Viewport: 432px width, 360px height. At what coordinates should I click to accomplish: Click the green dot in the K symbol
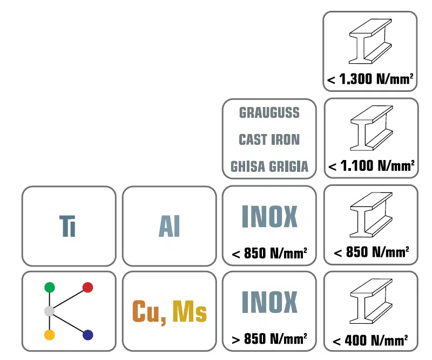pos(50,287)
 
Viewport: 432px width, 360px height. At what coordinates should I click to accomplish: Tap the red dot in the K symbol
pos(88,287)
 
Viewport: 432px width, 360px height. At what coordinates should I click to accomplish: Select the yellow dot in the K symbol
pos(50,335)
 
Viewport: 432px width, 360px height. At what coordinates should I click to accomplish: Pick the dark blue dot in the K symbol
pos(88,335)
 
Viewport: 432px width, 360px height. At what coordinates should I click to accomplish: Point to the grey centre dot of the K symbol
pos(50,311)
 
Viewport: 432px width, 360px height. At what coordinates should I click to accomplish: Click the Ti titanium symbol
pos(67,226)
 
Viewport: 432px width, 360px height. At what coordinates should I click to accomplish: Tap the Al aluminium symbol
pos(169,226)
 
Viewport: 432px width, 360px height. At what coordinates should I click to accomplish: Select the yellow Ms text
pos(190,311)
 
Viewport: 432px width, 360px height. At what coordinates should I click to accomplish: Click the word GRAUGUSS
pos(269,112)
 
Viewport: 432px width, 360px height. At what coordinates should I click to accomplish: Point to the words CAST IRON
pos(269,139)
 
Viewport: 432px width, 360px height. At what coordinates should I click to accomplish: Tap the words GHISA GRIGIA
pos(269,166)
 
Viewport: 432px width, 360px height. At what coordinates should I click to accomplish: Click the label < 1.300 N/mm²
pos(370,79)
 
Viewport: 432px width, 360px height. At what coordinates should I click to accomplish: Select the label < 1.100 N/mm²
pos(372,166)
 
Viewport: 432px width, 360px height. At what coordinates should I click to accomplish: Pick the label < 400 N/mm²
pos(370,341)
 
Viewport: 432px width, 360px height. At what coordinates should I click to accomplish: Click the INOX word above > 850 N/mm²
pos(269,302)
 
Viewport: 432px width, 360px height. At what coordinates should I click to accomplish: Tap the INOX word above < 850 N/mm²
pos(269,216)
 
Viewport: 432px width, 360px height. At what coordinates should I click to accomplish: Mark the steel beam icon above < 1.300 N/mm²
pos(370,42)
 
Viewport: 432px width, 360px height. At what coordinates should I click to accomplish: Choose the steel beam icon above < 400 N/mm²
pos(371,301)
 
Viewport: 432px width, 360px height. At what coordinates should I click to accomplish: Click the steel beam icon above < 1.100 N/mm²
pos(372,128)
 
